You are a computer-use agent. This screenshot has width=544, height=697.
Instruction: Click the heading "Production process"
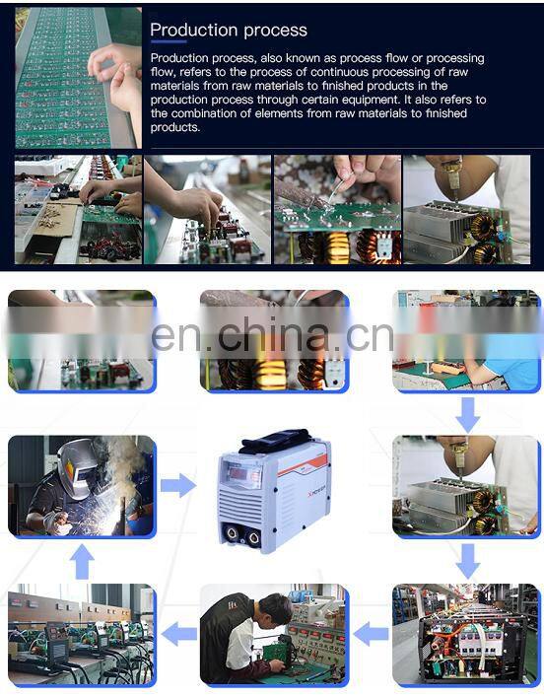[x=229, y=31]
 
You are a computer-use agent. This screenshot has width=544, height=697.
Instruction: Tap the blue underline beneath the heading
[x=169, y=42]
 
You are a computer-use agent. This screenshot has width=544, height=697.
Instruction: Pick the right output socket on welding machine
[x=253, y=538]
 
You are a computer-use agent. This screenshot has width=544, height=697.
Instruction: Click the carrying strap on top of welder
[x=276, y=441]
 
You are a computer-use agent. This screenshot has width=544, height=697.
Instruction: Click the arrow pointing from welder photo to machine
[x=177, y=485]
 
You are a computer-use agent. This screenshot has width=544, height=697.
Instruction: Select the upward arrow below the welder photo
[x=82, y=561]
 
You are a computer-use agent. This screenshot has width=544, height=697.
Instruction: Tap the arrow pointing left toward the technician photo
[x=371, y=634]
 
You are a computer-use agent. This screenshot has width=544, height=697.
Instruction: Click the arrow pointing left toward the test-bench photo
[x=178, y=634]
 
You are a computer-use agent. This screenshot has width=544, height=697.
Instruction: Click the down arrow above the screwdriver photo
[x=468, y=415]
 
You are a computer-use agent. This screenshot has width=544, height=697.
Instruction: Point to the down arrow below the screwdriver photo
[x=468, y=561]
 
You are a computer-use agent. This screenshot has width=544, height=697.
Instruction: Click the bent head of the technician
[x=276, y=610]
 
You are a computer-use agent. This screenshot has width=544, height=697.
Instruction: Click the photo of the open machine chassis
[x=466, y=635]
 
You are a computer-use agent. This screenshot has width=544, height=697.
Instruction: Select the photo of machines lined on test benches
[x=82, y=635]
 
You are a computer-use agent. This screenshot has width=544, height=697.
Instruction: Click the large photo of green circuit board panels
[x=79, y=78]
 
